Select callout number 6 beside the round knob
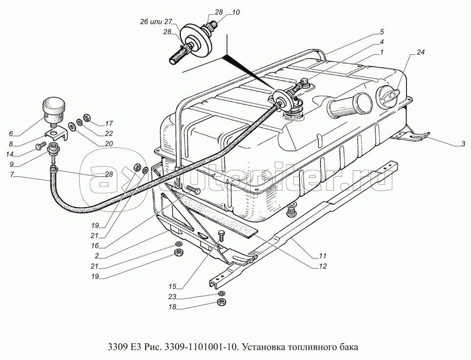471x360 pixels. (x=11, y=134)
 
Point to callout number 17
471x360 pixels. (x=109, y=124)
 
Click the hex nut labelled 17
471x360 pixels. (x=85, y=117)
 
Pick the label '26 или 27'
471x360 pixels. (x=155, y=22)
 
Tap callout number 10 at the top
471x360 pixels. (x=236, y=13)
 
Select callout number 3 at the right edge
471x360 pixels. (x=464, y=145)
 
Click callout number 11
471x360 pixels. (x=322, y=256)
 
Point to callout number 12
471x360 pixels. (x=322, y=266)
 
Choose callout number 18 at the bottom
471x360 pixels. (x=172, y=307)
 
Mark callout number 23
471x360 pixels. (x=172, y=296)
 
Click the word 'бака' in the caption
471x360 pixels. (x=349, y=347)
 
